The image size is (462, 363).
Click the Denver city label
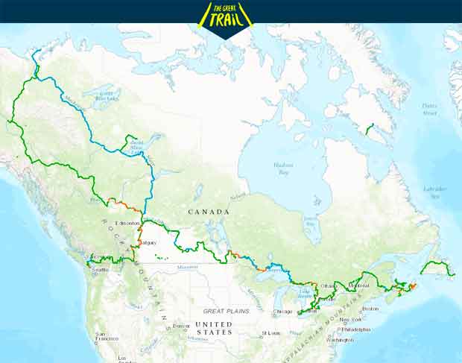pyautogui.click(x=181, y=326)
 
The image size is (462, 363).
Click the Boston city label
pyautogui.click(x=370, y=309)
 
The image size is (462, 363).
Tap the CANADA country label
pyautogui.click(x=209, y=212)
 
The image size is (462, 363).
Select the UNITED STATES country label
pyautogui.click(x=214, y=328)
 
